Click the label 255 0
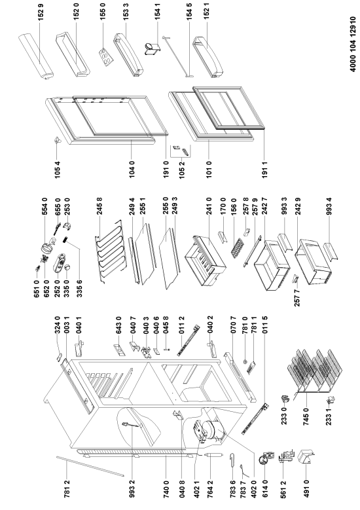[x=165, y=206]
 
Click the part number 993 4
[x=329, y=206]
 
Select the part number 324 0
[x=57, y=325]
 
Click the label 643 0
[x=118, y=325]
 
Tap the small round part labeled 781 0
[x=245, y=361]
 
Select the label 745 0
[x=306, y=416]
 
